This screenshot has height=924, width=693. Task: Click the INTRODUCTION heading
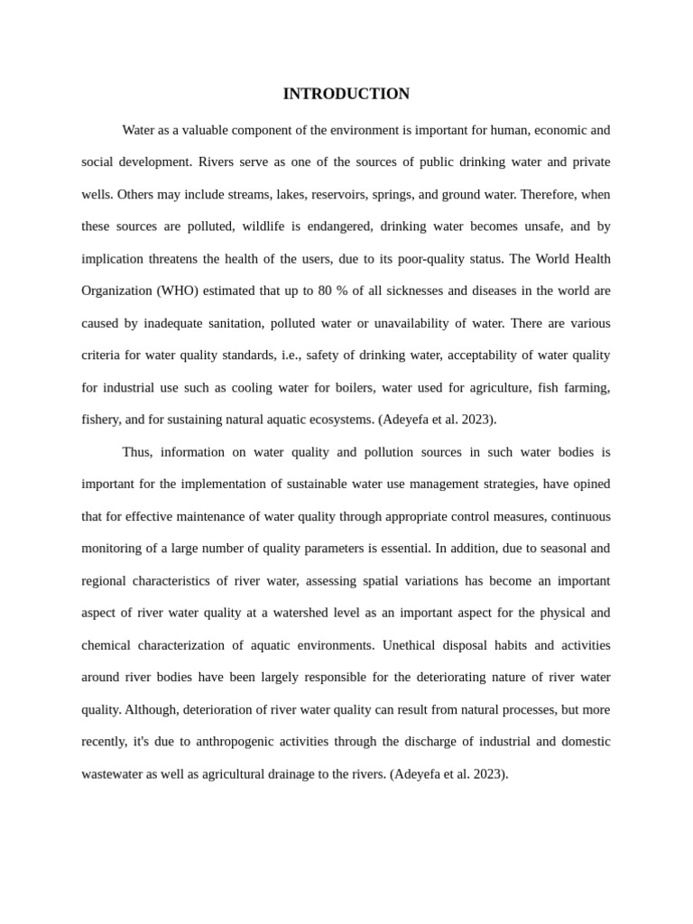[346, 94]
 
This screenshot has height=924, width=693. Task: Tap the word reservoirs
[339, 194]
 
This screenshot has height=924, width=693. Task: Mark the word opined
[590, 485]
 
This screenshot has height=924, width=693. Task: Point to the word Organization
[115, 291]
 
